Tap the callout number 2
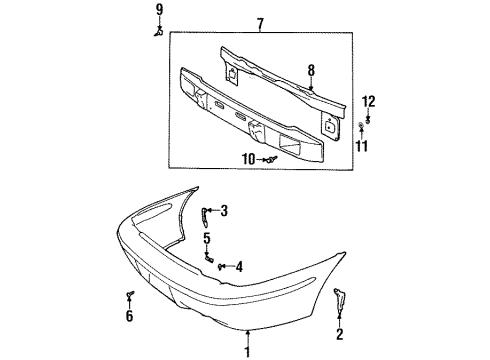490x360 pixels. coord(340,334)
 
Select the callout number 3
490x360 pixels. coord(225,210)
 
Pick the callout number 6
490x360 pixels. coord(128,317)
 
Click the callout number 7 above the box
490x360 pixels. coord(261,23)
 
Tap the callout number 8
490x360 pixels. coord(311,71)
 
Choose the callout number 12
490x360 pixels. coord(369,100)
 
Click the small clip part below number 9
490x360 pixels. coord(158,32)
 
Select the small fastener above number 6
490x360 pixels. coord(130,295)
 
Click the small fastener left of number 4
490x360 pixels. coord(221,266)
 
